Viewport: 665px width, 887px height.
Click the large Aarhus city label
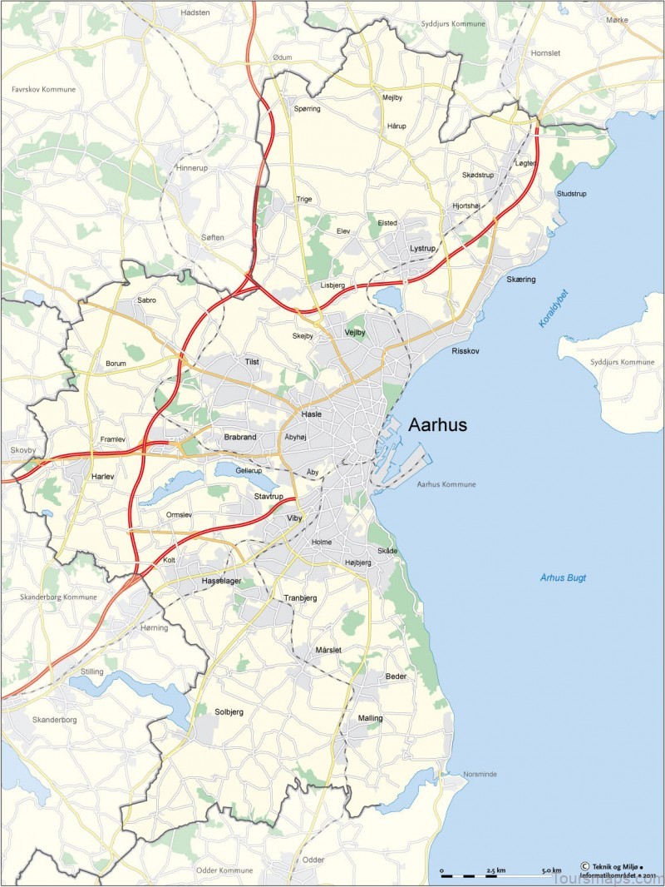[x=437, y=425]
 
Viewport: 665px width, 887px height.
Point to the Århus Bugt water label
[x=563, y=577]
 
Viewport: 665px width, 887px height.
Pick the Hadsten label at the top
[x=195, y=14]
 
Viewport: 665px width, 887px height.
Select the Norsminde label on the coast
[x=480, y=774]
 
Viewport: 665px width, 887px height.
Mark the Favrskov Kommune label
[x=43, y=89]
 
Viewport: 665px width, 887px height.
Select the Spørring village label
[x=307, y=108]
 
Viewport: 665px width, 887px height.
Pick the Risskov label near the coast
[x=465, y=352]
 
